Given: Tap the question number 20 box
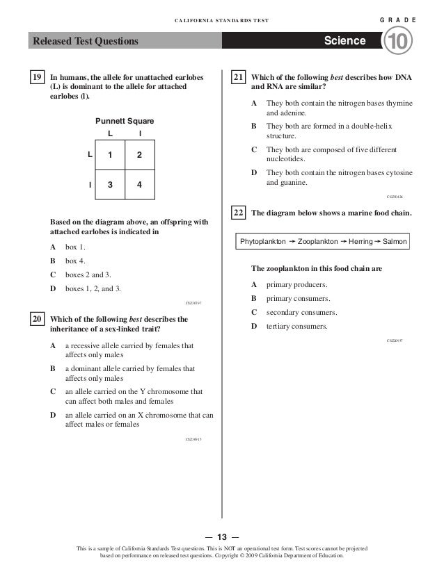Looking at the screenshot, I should (37, 319).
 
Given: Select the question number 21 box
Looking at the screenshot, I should (238, 78).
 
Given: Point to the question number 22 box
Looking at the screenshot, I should (238, 213).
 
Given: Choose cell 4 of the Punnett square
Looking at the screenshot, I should (139, 185).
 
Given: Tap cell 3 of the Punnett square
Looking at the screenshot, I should (109, 185).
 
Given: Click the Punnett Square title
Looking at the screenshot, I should (125, 121).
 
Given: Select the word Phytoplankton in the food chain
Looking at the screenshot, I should (262, 242).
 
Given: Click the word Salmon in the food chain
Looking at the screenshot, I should (395, 242).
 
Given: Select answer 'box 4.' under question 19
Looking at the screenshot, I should (76, 261).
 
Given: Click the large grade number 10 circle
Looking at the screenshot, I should (399, 42).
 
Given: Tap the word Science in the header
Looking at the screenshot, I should (344, 41).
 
